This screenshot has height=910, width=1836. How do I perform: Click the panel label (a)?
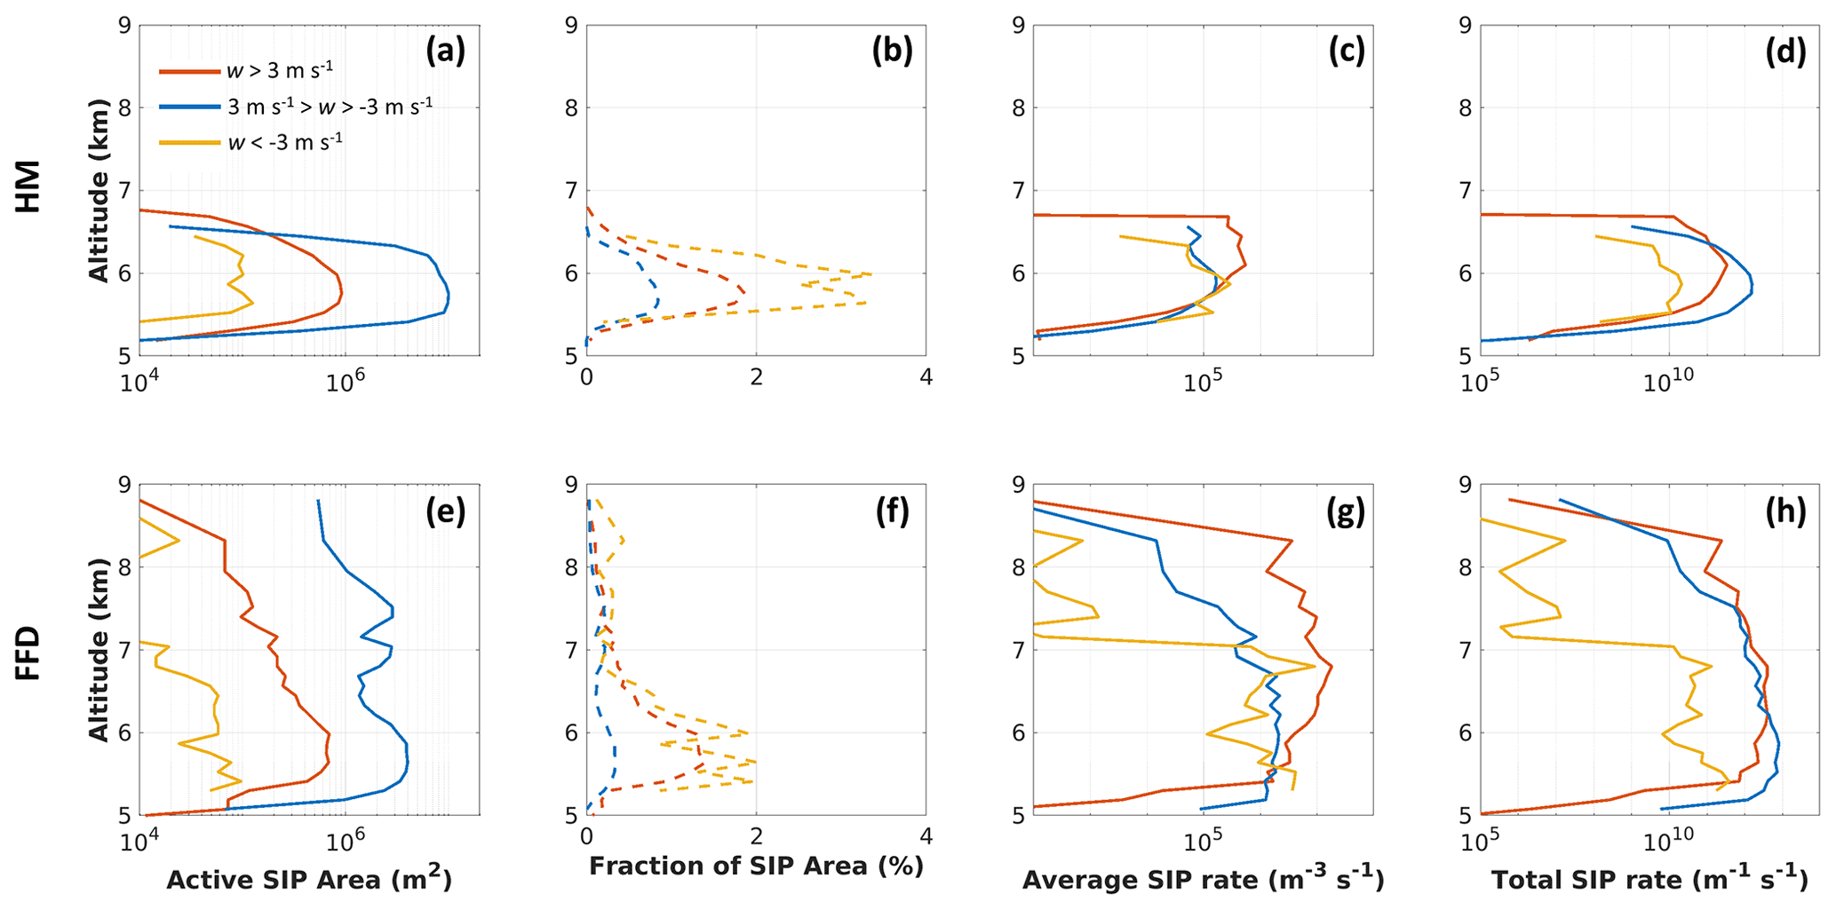tap(445, 52)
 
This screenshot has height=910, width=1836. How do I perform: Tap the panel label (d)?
tap(1785, 52)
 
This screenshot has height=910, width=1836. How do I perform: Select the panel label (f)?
tap(893, 511)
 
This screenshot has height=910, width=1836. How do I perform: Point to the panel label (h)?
tap(1785, 511)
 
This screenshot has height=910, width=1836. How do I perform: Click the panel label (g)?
tap(1346, 511)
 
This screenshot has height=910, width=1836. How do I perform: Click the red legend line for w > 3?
tap(189, 71)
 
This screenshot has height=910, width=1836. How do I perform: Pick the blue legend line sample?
tap(189, 107)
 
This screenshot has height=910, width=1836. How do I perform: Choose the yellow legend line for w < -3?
tap(189, 142)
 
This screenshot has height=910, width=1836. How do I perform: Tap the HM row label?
tap(28, 186)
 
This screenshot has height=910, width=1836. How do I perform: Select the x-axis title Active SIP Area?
tap(309, 880)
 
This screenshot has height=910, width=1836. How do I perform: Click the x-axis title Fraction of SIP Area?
tap(756, 866)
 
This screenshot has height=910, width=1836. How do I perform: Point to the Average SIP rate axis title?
tap(1203, 880)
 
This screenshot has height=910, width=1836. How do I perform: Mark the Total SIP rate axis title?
tap(1649, 880)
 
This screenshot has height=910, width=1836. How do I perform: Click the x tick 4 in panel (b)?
tap(926, 377)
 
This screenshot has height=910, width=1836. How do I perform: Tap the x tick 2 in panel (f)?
tap(756, 836)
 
